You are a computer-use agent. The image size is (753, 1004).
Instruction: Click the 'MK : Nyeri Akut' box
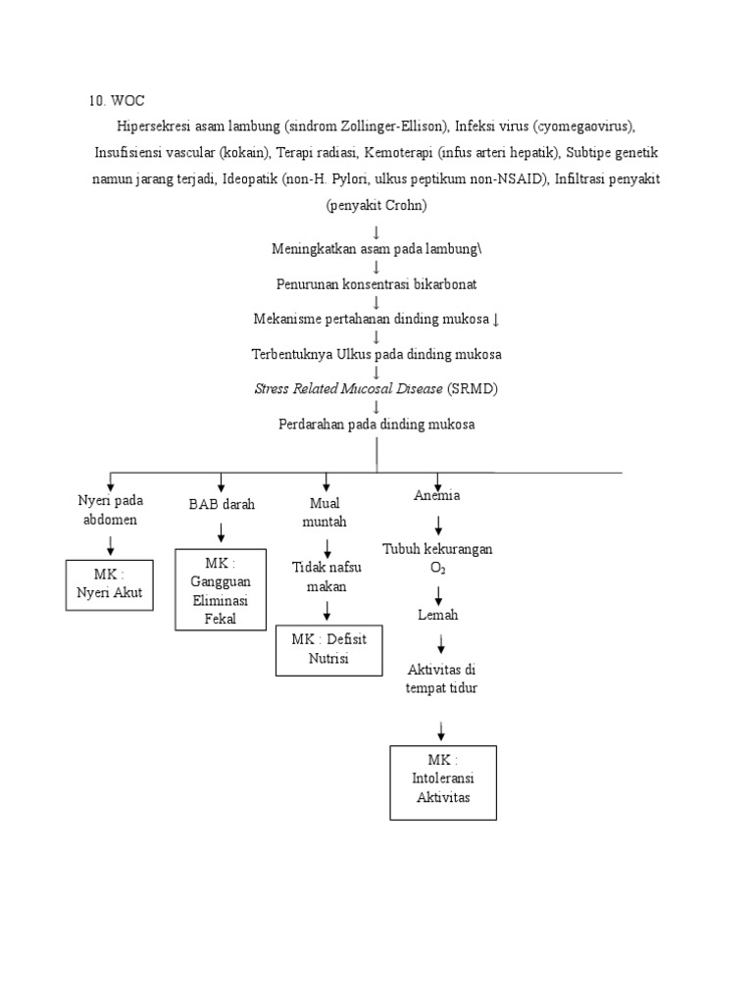click(110, 584)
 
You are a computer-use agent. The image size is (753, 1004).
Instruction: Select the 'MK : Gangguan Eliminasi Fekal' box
click(221, 590)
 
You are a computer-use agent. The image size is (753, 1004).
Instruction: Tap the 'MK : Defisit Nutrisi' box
click(328, 649)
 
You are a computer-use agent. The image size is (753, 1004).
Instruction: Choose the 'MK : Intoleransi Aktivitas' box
click(442, 782)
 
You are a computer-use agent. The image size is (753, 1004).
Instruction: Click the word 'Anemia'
click(437, 496)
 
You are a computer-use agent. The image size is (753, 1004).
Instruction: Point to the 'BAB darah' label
click(222, 504)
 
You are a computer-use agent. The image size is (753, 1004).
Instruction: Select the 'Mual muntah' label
click(325, 513)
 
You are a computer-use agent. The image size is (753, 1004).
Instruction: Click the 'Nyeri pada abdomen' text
click(110, 510)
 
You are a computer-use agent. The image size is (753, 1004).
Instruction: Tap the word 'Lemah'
click(437, 615)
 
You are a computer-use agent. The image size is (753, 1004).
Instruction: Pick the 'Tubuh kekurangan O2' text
click(437, 558)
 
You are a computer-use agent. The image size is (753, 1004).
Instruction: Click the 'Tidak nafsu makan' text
click(326, 577)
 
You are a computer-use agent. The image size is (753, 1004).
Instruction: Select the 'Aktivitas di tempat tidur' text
click(441, 678)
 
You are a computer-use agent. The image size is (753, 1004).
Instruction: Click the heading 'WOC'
click(129, 101)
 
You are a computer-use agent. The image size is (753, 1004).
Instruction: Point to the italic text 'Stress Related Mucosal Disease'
click(349, 388)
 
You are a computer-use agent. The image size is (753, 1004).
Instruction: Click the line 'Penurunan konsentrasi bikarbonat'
click(376, 283)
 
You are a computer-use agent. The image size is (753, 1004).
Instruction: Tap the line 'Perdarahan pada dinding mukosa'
click(376, 424)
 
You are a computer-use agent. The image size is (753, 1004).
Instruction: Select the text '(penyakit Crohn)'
click(376, 206)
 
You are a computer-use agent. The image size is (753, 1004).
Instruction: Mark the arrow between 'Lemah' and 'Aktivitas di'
click(441, 643)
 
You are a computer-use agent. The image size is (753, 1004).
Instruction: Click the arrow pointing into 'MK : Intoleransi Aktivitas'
click(442, 730)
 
